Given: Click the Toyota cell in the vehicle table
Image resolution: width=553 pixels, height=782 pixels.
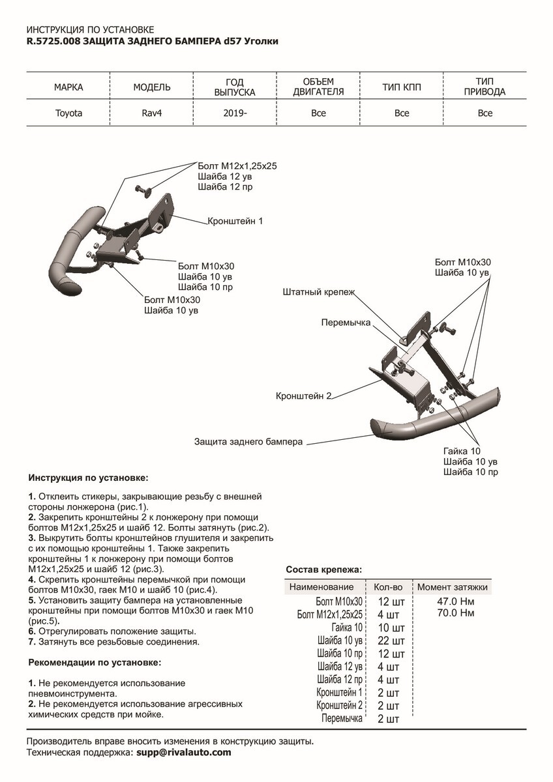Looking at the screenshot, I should pos(68,113).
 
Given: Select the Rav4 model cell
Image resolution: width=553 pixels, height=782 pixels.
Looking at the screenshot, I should pos(152,113).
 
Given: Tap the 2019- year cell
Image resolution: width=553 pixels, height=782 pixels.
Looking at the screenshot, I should pos(235,113).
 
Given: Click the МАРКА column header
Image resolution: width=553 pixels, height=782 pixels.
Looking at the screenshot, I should pos(68,87).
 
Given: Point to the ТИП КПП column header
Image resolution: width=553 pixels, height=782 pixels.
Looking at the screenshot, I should pos(402,87).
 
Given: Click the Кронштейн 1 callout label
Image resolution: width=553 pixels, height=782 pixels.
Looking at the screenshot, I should pos(235,221).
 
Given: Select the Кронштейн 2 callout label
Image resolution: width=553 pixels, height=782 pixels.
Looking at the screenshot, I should pos(304,396).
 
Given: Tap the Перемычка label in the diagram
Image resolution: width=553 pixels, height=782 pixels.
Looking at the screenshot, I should pos(346,323).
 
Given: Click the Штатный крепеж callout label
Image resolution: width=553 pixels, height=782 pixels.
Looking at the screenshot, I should pos(319,293).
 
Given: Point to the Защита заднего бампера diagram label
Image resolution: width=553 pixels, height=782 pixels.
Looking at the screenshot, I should pos(248,442).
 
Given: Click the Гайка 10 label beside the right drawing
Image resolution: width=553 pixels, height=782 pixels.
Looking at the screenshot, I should pos(462,451).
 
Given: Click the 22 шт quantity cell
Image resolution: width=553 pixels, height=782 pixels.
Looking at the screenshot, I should pos(391,641).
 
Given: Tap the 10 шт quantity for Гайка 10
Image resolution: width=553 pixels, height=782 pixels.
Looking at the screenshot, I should pos(391,628).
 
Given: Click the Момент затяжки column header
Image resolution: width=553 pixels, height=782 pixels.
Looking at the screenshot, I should pos(453,587).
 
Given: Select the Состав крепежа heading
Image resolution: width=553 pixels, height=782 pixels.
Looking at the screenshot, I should pos(323,570).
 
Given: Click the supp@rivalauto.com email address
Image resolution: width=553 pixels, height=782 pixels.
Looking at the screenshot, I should pos(183,753).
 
